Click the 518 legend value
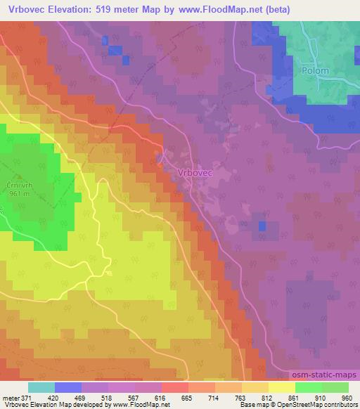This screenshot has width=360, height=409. pyautogui.click(x=108, y=397)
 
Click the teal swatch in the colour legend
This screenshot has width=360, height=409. pyautogui.click(x=41, y=387)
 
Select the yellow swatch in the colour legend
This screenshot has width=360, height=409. pyautogui.click(x=281, y=387)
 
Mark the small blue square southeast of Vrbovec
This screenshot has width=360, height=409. pyautogui.click(x=262, y=226)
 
